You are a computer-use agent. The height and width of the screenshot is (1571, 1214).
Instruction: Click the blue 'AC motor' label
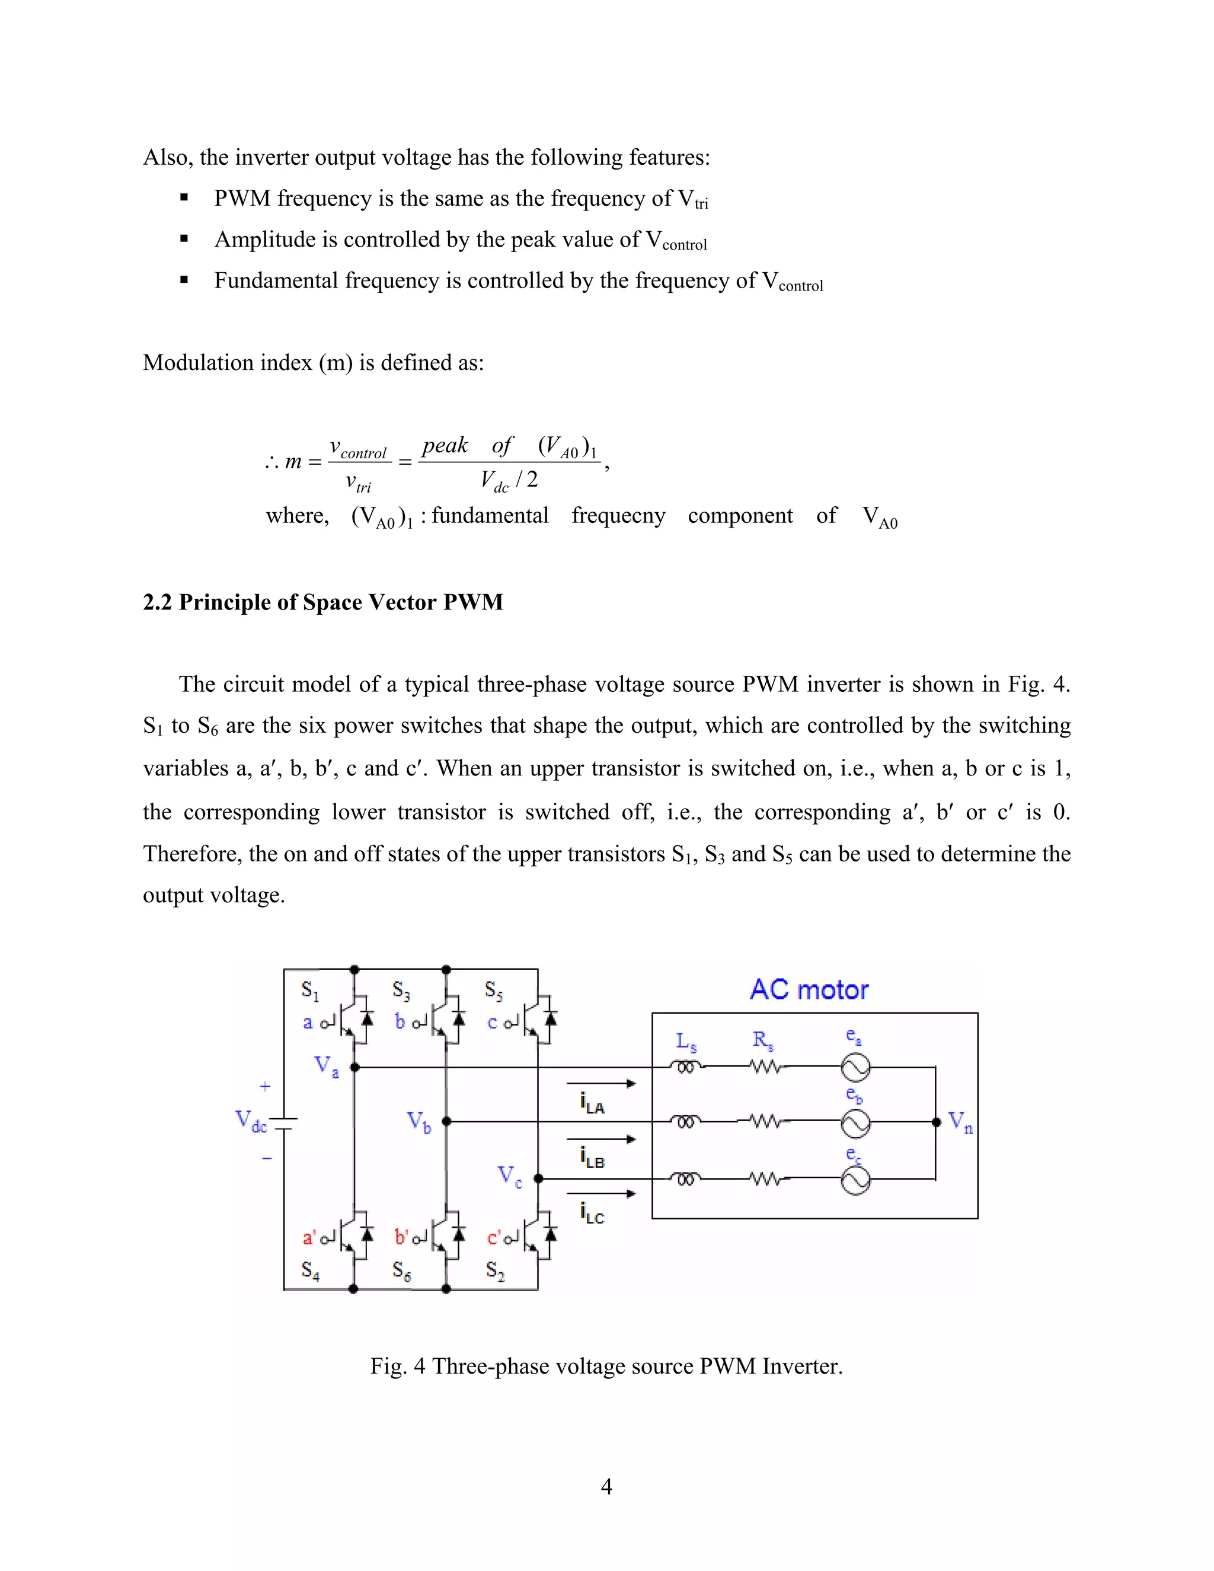[x=809, y=991]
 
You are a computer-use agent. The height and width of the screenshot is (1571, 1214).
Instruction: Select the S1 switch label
[x=309, y=991]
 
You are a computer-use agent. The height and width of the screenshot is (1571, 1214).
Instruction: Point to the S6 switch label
[x=401, y=1271]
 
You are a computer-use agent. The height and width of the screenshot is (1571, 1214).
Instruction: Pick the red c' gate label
[x=494, y=1237]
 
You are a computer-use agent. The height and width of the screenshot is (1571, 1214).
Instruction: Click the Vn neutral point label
[x=960, y=1122]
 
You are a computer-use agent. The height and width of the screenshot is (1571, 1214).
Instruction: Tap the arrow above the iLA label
[x=601, y=1083]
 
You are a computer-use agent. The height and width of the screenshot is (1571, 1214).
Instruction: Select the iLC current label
[x=592, y=1213]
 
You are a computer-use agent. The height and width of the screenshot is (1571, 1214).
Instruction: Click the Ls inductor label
[x=686, y=1041]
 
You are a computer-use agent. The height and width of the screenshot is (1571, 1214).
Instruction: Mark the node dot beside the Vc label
[x=538, y=1179]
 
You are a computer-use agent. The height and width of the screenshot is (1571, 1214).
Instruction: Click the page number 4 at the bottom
[x=606, y=1486]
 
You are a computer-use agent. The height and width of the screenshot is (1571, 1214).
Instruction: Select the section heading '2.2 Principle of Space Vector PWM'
[x=323, y=602]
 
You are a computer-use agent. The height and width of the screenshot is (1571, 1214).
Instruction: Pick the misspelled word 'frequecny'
[x=618, y=516]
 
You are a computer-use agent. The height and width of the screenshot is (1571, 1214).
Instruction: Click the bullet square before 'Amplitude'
[x=184, y=238]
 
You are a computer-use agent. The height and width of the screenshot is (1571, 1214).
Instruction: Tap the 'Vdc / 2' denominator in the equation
[x=509, y=480]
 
